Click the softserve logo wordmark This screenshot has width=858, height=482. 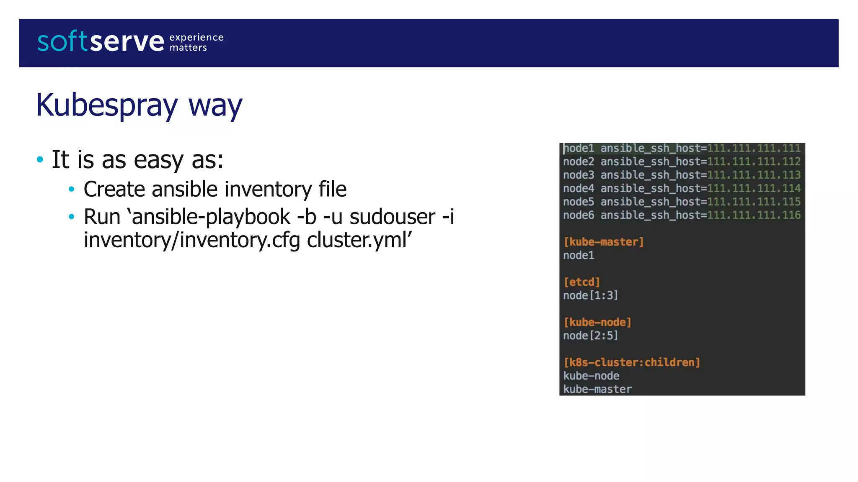click(101, 42)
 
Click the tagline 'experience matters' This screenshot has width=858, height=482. click(196, 43)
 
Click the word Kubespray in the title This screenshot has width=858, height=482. click(107, 105)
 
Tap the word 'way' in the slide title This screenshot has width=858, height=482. click(215, 106)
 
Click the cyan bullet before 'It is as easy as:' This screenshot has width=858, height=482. click(40, 159)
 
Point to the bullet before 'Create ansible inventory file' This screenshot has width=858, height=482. click(72, 190)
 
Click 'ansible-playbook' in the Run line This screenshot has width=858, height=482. click(211, 217)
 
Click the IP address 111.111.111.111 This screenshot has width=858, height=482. click(754, 149)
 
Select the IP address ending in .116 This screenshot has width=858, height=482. click(754, 215)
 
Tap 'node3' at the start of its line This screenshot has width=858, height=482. click(578, 175)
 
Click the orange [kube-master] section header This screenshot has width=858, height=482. click(603, 242)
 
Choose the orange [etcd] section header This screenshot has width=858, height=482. click(581, 282)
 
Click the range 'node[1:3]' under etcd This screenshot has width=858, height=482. click(590, 296)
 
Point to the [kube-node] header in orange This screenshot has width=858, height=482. click(597, 323)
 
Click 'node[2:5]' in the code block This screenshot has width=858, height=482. click(590, 336)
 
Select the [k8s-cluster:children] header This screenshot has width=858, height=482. click(631, 363)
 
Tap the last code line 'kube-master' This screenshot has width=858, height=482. click(597, 390)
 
